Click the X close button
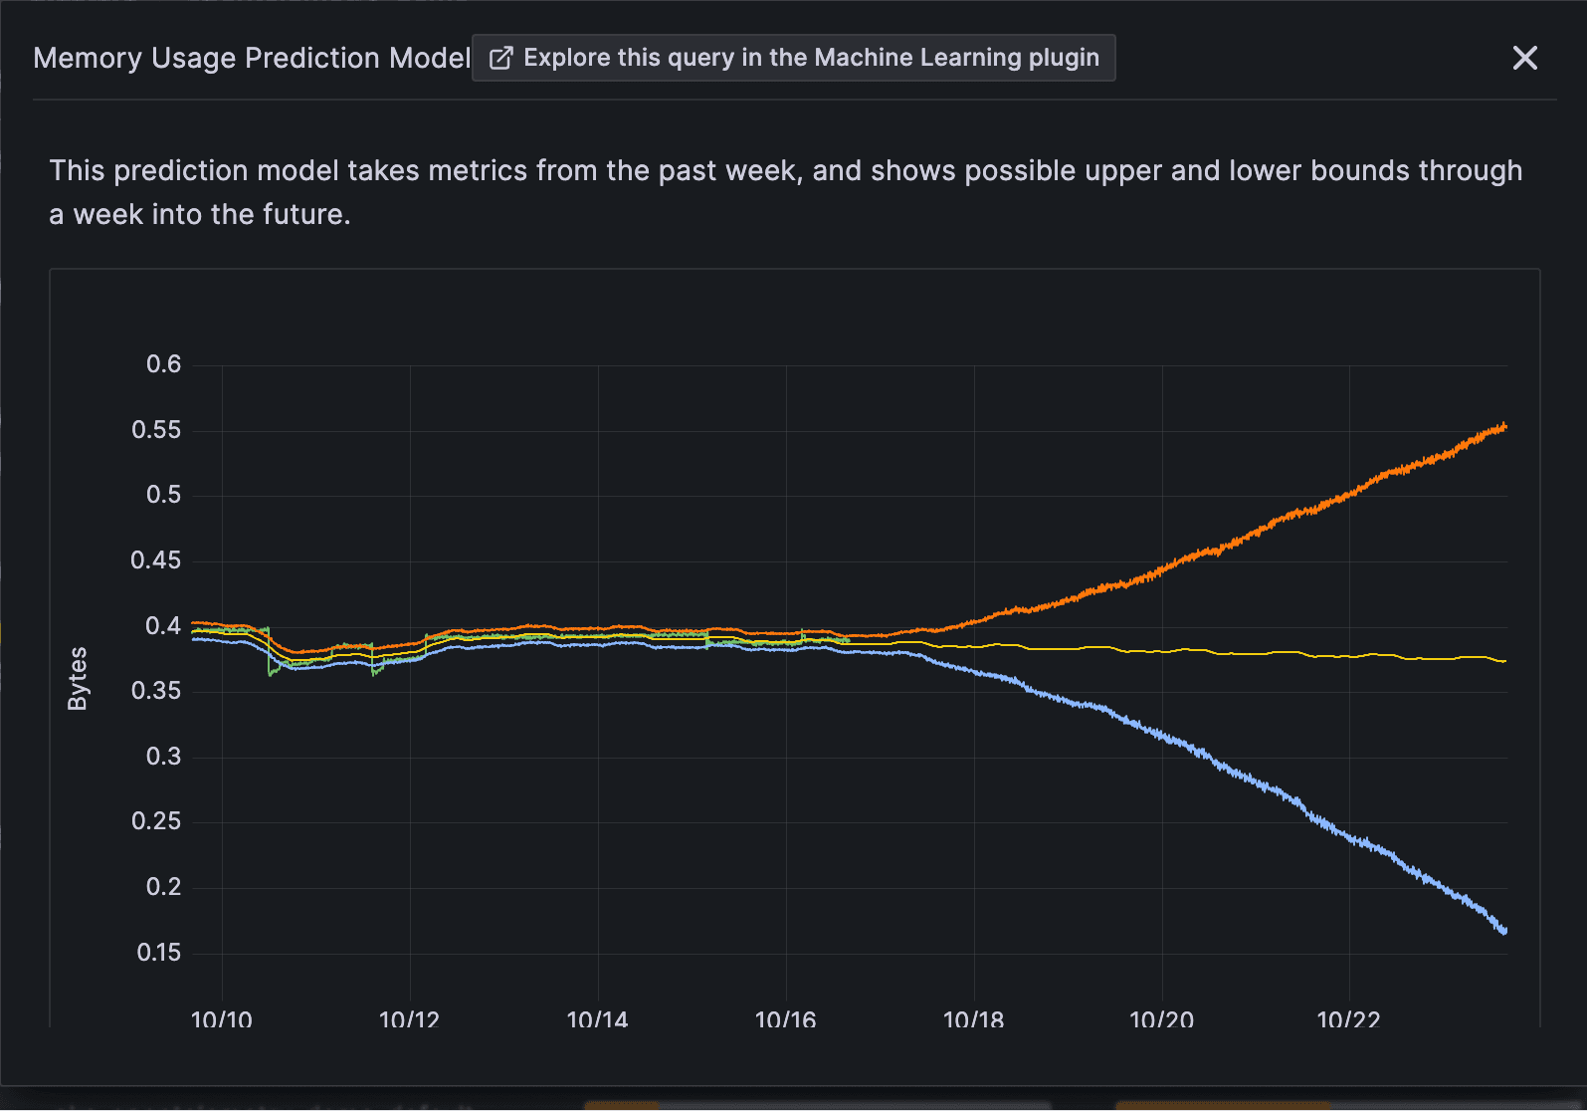pos(1524,58)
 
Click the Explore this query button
pos(793,58)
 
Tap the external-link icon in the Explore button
pos(500,58)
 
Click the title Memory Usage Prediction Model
pos(252,58)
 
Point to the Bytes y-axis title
pos(78,678)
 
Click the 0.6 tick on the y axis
pos(164,364)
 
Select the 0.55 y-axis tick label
pos(157,430)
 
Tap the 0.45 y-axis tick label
pos(157,560)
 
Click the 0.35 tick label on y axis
pos(157,691)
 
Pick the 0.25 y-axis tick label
pos(157,821)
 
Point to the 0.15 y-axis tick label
pos(159,953)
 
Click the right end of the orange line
pos(1504,427)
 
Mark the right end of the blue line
pos(1504,931)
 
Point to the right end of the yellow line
pos(1504,661)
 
